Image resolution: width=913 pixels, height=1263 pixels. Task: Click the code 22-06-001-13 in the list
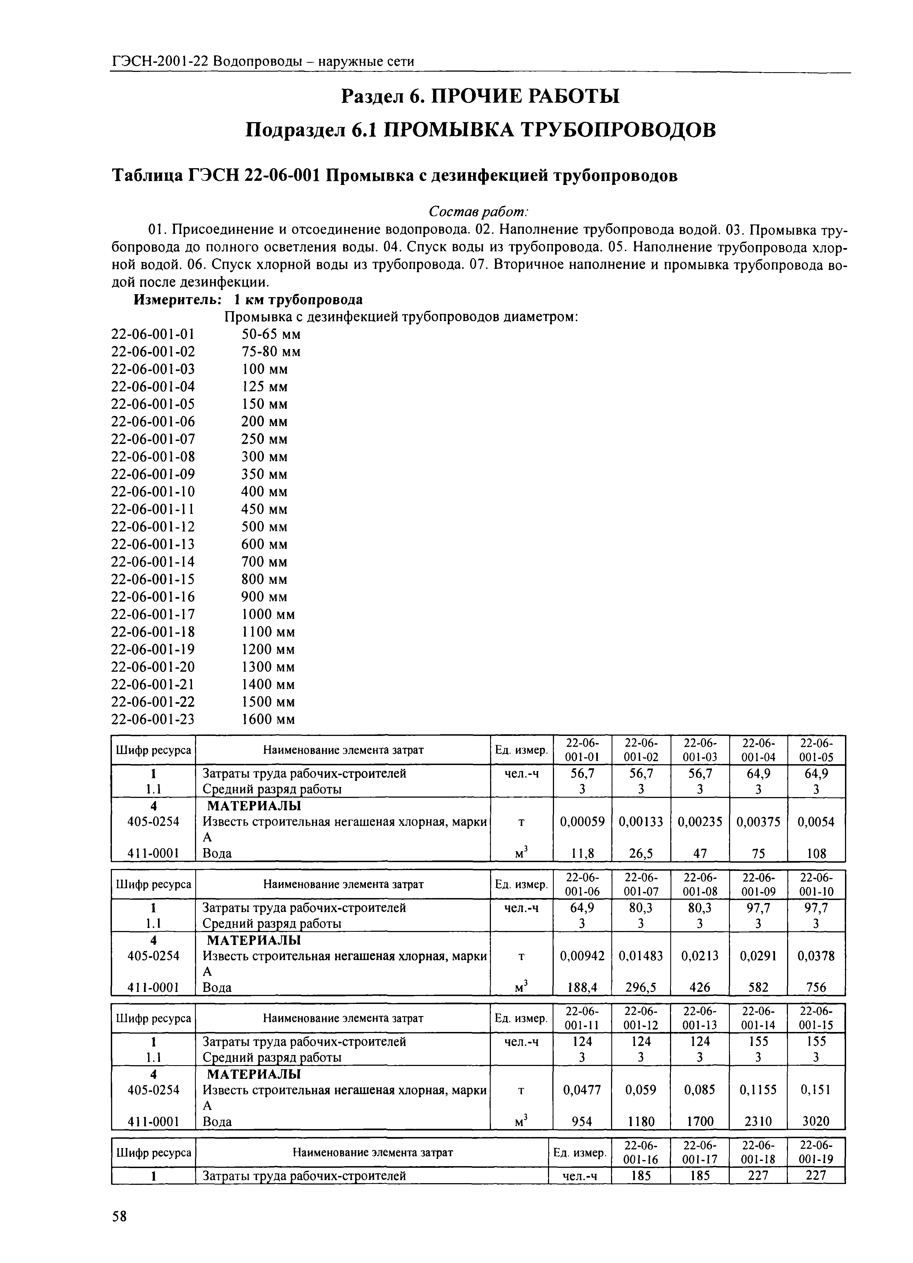153,544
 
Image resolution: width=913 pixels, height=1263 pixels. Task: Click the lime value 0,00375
758,822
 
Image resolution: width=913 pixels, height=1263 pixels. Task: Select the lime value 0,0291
758,956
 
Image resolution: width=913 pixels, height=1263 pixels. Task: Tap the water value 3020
816,1121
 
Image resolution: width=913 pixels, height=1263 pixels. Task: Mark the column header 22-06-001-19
816,1152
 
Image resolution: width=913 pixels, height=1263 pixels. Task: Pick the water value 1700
699,1121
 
